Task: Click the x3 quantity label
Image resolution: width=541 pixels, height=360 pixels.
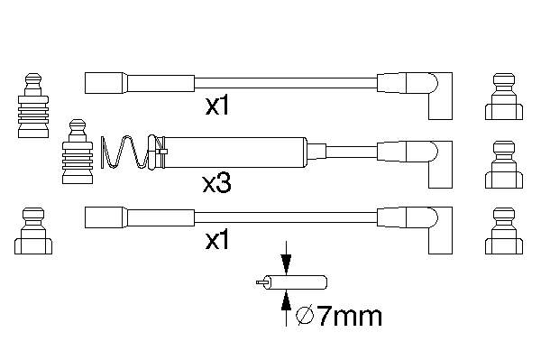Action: click(216, 184)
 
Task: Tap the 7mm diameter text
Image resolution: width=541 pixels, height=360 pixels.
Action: click(349, 316)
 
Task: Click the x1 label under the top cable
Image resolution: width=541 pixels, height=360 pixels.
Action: click(217, 106)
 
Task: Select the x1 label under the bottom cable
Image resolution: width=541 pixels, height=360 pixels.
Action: click(217, 240)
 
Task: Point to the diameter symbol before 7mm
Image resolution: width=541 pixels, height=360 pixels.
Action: click(305, 316)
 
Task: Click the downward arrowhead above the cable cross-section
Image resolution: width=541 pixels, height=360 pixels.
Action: click(286, 264)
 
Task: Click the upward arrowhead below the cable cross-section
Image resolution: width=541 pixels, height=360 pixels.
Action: click(286, 300)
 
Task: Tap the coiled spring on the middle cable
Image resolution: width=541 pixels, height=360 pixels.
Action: click(125, 152)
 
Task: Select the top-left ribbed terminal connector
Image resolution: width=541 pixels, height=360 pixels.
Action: click(33, 106)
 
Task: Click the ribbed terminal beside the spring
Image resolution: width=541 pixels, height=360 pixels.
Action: click(78, 152)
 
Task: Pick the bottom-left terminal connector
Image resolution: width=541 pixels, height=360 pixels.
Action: click(33, 231)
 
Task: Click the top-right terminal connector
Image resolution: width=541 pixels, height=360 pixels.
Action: click(504, 97)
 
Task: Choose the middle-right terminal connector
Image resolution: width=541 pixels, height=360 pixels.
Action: click(504, 164)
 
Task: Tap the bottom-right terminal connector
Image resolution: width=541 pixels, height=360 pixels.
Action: click(504, 231)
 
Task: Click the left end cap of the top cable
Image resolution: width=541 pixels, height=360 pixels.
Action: click(104, 83)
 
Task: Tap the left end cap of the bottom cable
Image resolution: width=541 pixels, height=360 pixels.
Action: click(104, 217)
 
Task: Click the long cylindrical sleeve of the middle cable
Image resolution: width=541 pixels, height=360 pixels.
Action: click(235, 152)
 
